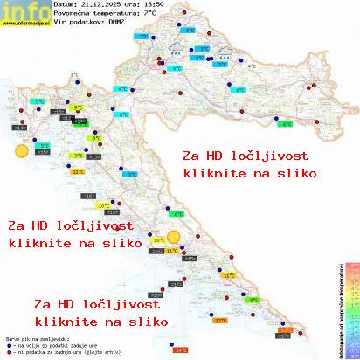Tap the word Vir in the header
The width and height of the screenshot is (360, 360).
[x=58, y=23]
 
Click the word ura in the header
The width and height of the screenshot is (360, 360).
[x=135, y=5]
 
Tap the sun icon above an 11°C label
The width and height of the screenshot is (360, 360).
[x=174, y=237]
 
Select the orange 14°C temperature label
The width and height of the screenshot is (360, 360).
[x=181, y=350]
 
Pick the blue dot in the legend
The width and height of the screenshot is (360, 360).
[x=8, y=343]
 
